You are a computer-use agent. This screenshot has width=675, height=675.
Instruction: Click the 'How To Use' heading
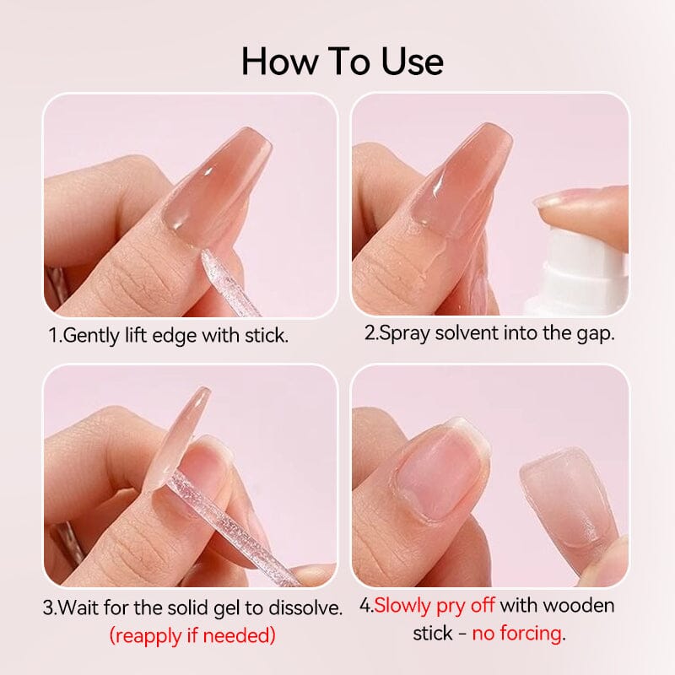[x=342, y=62]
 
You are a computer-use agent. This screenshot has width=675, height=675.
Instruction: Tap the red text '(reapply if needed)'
[x=193, y=635]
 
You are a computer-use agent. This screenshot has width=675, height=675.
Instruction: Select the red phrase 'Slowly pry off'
[x=435, y=605]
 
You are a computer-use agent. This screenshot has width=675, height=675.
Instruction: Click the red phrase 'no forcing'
[x=517, y=633]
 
